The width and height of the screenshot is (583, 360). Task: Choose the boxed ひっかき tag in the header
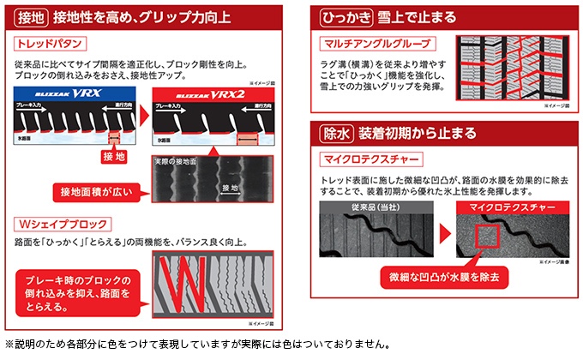[x=342, y=15]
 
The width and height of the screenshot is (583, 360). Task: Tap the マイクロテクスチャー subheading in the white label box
[x=370, y=160]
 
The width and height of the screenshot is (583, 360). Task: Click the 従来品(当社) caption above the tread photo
[x=370, y=207]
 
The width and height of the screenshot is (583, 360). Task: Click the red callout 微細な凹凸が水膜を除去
[x=444, y=278]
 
